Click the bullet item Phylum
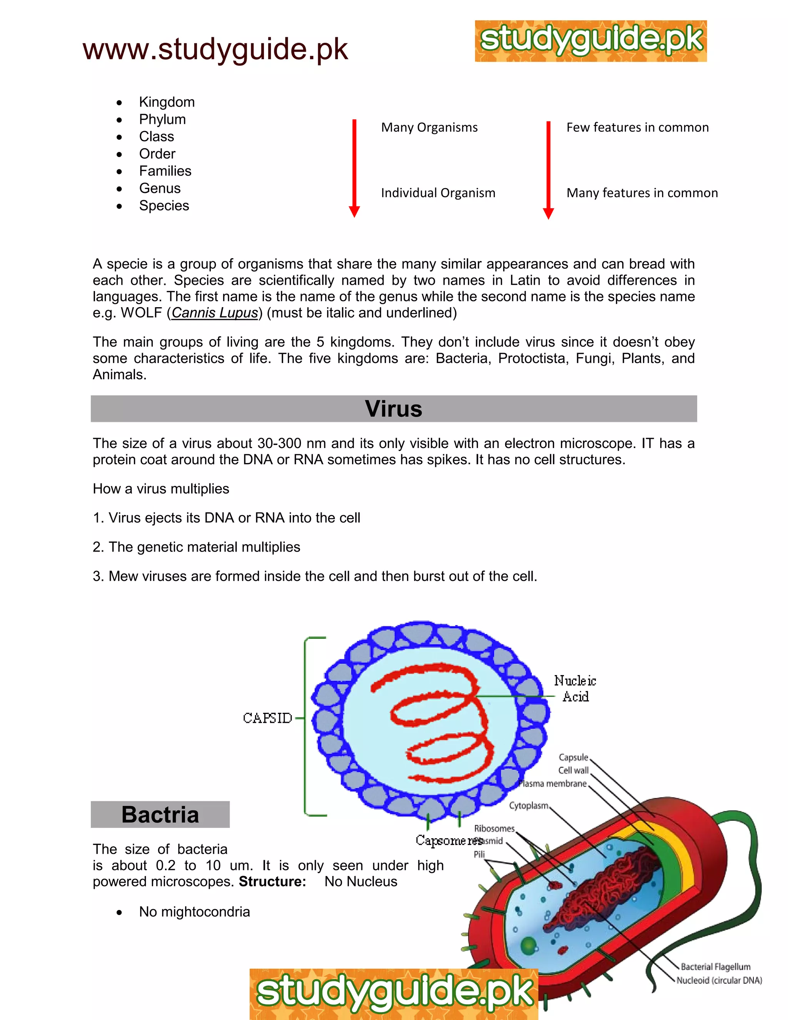coord(162,120)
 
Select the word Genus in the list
coord(160,188)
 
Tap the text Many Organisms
coord(429,127)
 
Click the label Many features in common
coord(642,193)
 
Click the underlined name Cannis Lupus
coord(215,313)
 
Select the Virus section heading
coord(394,409)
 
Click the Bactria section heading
coord(160,814)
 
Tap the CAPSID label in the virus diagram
coord(267,718)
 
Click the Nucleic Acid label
coord(575,689)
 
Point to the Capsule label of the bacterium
coord(573,757)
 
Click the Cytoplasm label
coord(528,806)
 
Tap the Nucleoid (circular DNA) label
coord(719,980)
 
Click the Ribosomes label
coord(494,829)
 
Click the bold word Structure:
coord(272,881)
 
